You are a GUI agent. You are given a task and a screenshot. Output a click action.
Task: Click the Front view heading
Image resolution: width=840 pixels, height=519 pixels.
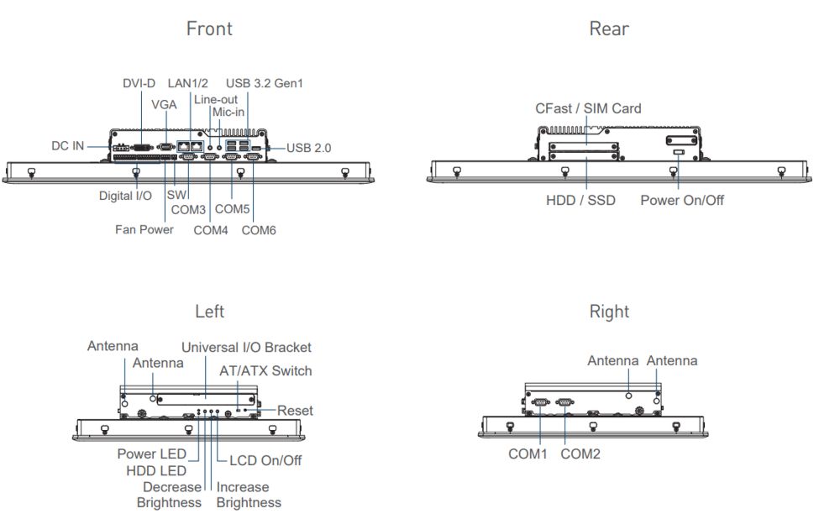(209, 29)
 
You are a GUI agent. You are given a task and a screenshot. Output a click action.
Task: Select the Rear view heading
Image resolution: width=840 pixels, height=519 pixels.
(609, 29)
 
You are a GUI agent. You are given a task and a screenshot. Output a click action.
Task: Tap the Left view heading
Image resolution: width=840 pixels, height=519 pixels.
(209, 312)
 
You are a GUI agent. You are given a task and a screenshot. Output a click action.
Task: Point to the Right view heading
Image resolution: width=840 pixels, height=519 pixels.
(609, 312)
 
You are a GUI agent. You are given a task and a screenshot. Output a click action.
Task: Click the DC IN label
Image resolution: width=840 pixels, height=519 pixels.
(67, 145)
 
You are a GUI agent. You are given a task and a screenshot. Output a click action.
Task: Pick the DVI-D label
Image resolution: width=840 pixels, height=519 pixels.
(139, 83)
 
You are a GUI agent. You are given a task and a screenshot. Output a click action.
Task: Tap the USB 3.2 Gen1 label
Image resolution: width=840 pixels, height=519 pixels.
(264, 83)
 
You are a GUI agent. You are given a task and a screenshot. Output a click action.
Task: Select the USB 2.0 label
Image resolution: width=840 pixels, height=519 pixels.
(308, 148)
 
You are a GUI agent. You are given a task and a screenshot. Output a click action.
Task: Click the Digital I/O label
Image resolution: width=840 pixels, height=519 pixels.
(125, 196)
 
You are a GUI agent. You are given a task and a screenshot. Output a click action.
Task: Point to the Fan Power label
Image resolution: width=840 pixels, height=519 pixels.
(144, 229)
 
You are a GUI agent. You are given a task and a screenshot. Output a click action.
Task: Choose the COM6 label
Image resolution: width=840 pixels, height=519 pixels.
(259, 229)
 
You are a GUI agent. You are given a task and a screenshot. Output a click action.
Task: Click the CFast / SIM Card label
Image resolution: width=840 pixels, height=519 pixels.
(588, 108)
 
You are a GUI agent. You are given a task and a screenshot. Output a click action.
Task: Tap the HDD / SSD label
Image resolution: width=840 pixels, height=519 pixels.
(580, 200)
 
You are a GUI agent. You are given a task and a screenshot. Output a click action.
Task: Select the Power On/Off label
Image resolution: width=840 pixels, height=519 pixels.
(681, 200)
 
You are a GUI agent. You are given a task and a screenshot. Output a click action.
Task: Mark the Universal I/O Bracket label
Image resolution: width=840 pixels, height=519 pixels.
(246, 347)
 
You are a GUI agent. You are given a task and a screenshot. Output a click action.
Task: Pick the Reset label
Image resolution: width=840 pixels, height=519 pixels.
(295, 411)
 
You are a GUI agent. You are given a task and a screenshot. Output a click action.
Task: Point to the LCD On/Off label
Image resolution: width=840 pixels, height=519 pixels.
(265, 460)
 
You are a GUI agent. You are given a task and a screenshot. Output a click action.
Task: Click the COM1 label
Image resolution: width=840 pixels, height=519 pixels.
(528, 453)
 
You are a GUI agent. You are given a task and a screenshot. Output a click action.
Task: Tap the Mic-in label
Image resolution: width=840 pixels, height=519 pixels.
(228, 112)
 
